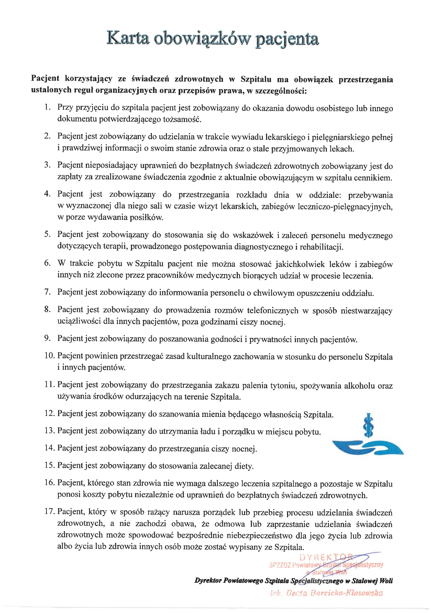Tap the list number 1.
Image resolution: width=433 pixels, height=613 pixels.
pos(49,107)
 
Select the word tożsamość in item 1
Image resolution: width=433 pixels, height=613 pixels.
pos(182,119)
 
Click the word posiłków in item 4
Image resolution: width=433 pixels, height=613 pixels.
pos(147,217)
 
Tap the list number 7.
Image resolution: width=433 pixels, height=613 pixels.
pos(48,292)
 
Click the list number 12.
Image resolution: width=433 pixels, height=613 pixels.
pos(50,414)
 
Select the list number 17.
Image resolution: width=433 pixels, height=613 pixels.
pos(50,512)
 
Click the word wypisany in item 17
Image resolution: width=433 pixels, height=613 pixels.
pos(249,547)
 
